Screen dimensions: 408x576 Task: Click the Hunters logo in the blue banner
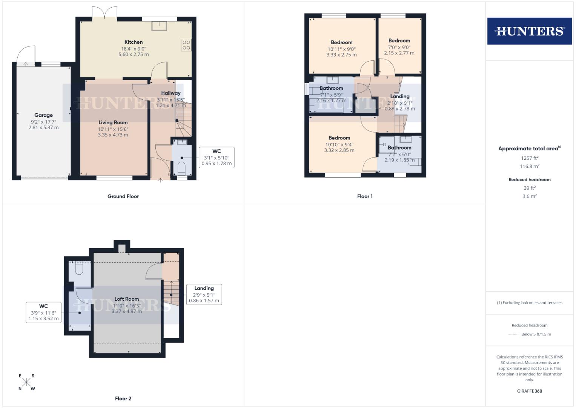(x=529, y=31)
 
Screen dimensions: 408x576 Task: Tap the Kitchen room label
(x=134, y=42)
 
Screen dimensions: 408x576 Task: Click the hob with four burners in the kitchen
(x=186, y=45)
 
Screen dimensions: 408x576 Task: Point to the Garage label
(x=43, y=115)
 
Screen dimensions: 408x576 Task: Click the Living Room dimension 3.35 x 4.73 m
(x=113, y=135)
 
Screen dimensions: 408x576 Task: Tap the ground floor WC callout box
(x=217, y=157)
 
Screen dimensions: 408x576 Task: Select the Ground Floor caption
(x=123, y=196)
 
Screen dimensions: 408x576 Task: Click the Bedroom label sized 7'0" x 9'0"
(x=399, y=41)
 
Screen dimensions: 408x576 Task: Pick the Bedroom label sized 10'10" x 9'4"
(x=339, y=138)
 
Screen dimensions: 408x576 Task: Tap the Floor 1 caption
(x=365, y=196)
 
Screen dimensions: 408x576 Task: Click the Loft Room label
(x=127, y=299)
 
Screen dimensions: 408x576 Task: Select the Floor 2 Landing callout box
(x=204, y=294)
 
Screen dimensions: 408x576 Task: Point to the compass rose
(x=26, y=382)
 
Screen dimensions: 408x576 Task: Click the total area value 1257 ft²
(x=529, y=158)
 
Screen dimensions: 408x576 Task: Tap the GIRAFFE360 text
(x=529, y=391)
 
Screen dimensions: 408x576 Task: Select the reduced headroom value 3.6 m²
(x=529, y=196)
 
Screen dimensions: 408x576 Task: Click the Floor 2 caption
(x=123, y=399)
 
